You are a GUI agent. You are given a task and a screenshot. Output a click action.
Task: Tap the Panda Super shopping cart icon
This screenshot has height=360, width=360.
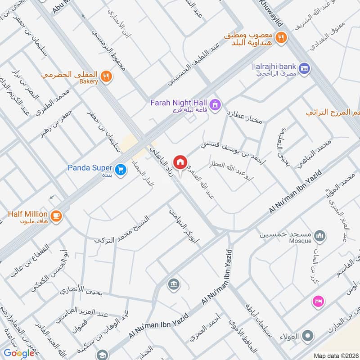click(x=120, y=170)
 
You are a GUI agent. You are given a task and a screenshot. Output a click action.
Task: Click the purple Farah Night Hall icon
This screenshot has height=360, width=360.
click(x=216, y=104)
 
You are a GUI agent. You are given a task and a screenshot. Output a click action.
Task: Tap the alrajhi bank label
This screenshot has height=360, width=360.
click(x=274, y=67)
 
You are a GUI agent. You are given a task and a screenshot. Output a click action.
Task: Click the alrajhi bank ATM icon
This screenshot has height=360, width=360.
click(x=304, y=67)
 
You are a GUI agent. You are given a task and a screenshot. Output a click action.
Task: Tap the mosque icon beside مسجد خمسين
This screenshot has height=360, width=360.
click(x=320, y=236)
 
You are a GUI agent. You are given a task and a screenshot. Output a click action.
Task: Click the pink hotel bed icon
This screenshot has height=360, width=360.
click(x=318, y=302)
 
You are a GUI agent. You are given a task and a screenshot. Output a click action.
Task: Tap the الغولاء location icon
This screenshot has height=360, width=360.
click(x=308, y=335)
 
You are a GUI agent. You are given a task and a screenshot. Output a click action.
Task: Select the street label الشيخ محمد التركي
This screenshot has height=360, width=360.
click(x=121, y=226)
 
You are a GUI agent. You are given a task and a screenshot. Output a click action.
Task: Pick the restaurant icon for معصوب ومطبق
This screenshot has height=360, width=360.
click(x=282, y=38)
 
